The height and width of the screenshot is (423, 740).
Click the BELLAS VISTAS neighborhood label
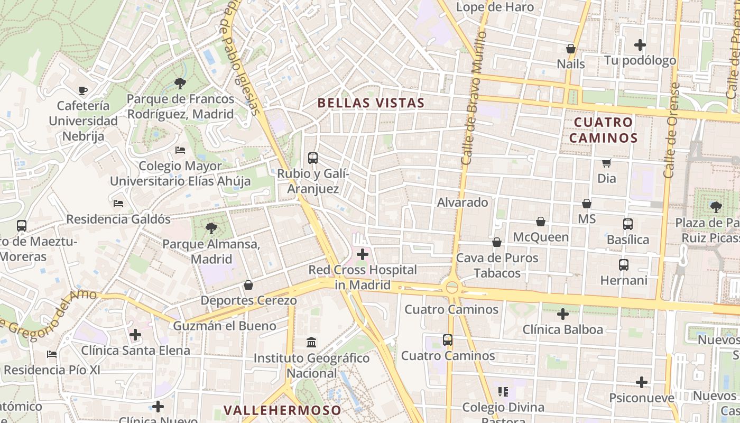pos(371,103)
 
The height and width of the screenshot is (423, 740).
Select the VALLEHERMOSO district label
pos(282,410)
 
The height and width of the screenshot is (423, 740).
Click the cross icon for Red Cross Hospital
pos(363,254)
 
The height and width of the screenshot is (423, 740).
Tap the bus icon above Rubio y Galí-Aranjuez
pos(313,158)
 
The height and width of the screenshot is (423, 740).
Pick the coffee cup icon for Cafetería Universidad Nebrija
pos(83,90)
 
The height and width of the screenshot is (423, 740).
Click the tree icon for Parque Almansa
pos(211,228)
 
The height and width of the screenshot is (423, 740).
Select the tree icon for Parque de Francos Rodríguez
pos(180,83)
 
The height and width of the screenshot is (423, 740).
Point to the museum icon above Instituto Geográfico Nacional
pos(311,342)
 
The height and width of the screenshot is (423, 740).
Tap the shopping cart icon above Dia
pos(606,163)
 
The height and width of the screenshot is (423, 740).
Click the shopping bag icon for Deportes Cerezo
pos(248,286)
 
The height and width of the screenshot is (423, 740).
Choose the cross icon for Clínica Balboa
pos(563,315)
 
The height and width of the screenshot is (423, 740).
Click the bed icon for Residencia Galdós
pos(118,204)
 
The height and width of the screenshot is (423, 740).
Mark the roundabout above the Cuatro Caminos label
pos(452,288)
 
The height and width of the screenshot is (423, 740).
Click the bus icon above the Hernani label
pos(624,265)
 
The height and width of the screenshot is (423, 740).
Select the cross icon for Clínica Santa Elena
pos(135,335)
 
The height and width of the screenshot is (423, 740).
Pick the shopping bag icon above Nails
pos(571,49)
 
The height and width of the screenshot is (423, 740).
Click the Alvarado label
pos(462,203)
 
